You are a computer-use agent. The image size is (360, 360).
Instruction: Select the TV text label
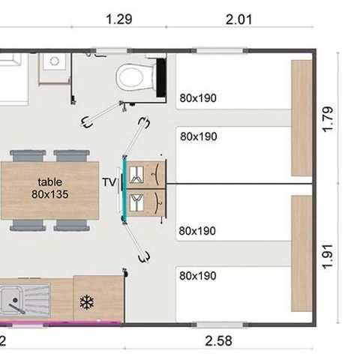(x=109, y=181)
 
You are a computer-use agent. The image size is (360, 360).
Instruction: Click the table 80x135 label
(x=51, y=187)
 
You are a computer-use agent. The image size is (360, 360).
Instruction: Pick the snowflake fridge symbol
(x=86, y=302)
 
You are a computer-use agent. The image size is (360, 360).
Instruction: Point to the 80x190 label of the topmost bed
(x=198, y=97)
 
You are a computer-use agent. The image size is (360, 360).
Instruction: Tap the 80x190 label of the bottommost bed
(x=198, y=275)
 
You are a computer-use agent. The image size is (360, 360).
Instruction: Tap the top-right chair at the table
(x=72, y=155)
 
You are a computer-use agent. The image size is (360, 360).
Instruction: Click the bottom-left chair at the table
(x=28, y=224)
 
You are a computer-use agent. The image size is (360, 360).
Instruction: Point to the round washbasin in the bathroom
(x=53, y=64)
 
